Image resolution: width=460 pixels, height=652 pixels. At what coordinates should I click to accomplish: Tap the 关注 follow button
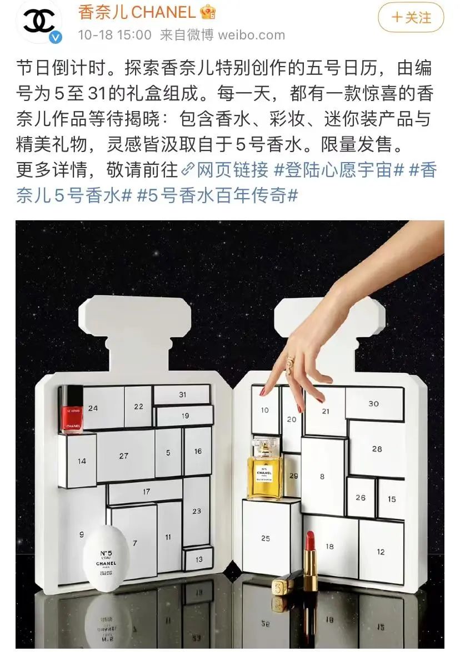click(x=411, y=18)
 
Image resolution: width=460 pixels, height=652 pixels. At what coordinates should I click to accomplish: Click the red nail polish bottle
click(x=71, y=409)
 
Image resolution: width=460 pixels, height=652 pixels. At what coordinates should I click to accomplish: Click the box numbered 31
click(x=182, y=395)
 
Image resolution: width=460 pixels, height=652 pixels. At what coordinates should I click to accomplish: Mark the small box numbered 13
click(x=198, y=558)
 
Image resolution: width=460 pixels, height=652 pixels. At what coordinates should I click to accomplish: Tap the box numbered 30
click(x=374, y=403)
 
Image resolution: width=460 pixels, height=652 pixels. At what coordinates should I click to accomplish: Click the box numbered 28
click(x=377, y=448)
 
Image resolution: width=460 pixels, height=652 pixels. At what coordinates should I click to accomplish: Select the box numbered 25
click(x=266, y=537)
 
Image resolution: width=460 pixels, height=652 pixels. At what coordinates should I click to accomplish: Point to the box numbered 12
click(x=381, y=552)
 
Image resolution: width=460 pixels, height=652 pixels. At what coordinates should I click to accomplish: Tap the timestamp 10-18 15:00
click(x=114, y=35)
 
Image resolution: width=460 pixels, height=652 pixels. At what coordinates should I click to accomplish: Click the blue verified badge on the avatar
click(x=56, y=38)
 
